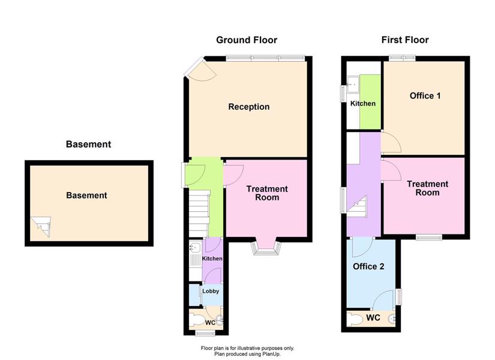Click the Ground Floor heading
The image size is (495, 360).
(247, 40)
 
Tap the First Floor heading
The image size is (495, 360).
(405, 40)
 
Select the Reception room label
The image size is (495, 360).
(249, 107)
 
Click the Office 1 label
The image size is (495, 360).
(425, 95)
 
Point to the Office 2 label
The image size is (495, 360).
(368, 266)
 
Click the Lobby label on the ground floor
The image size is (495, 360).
(211, 291)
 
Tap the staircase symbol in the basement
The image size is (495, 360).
(40, 226)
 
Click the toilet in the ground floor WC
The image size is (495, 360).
(197, 322)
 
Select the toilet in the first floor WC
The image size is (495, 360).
(355, 320)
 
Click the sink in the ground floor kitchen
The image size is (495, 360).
(195, 247)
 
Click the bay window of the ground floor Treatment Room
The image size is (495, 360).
(266, 248)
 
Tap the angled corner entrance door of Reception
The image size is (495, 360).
(194, 67)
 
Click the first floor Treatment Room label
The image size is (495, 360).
(427, 188)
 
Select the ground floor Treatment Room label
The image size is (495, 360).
(267, 193)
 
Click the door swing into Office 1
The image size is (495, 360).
(391, 142)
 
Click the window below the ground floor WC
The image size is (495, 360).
(205, 333)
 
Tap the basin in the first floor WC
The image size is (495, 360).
(392, 319)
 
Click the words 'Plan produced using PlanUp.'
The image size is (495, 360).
(247, 354)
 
